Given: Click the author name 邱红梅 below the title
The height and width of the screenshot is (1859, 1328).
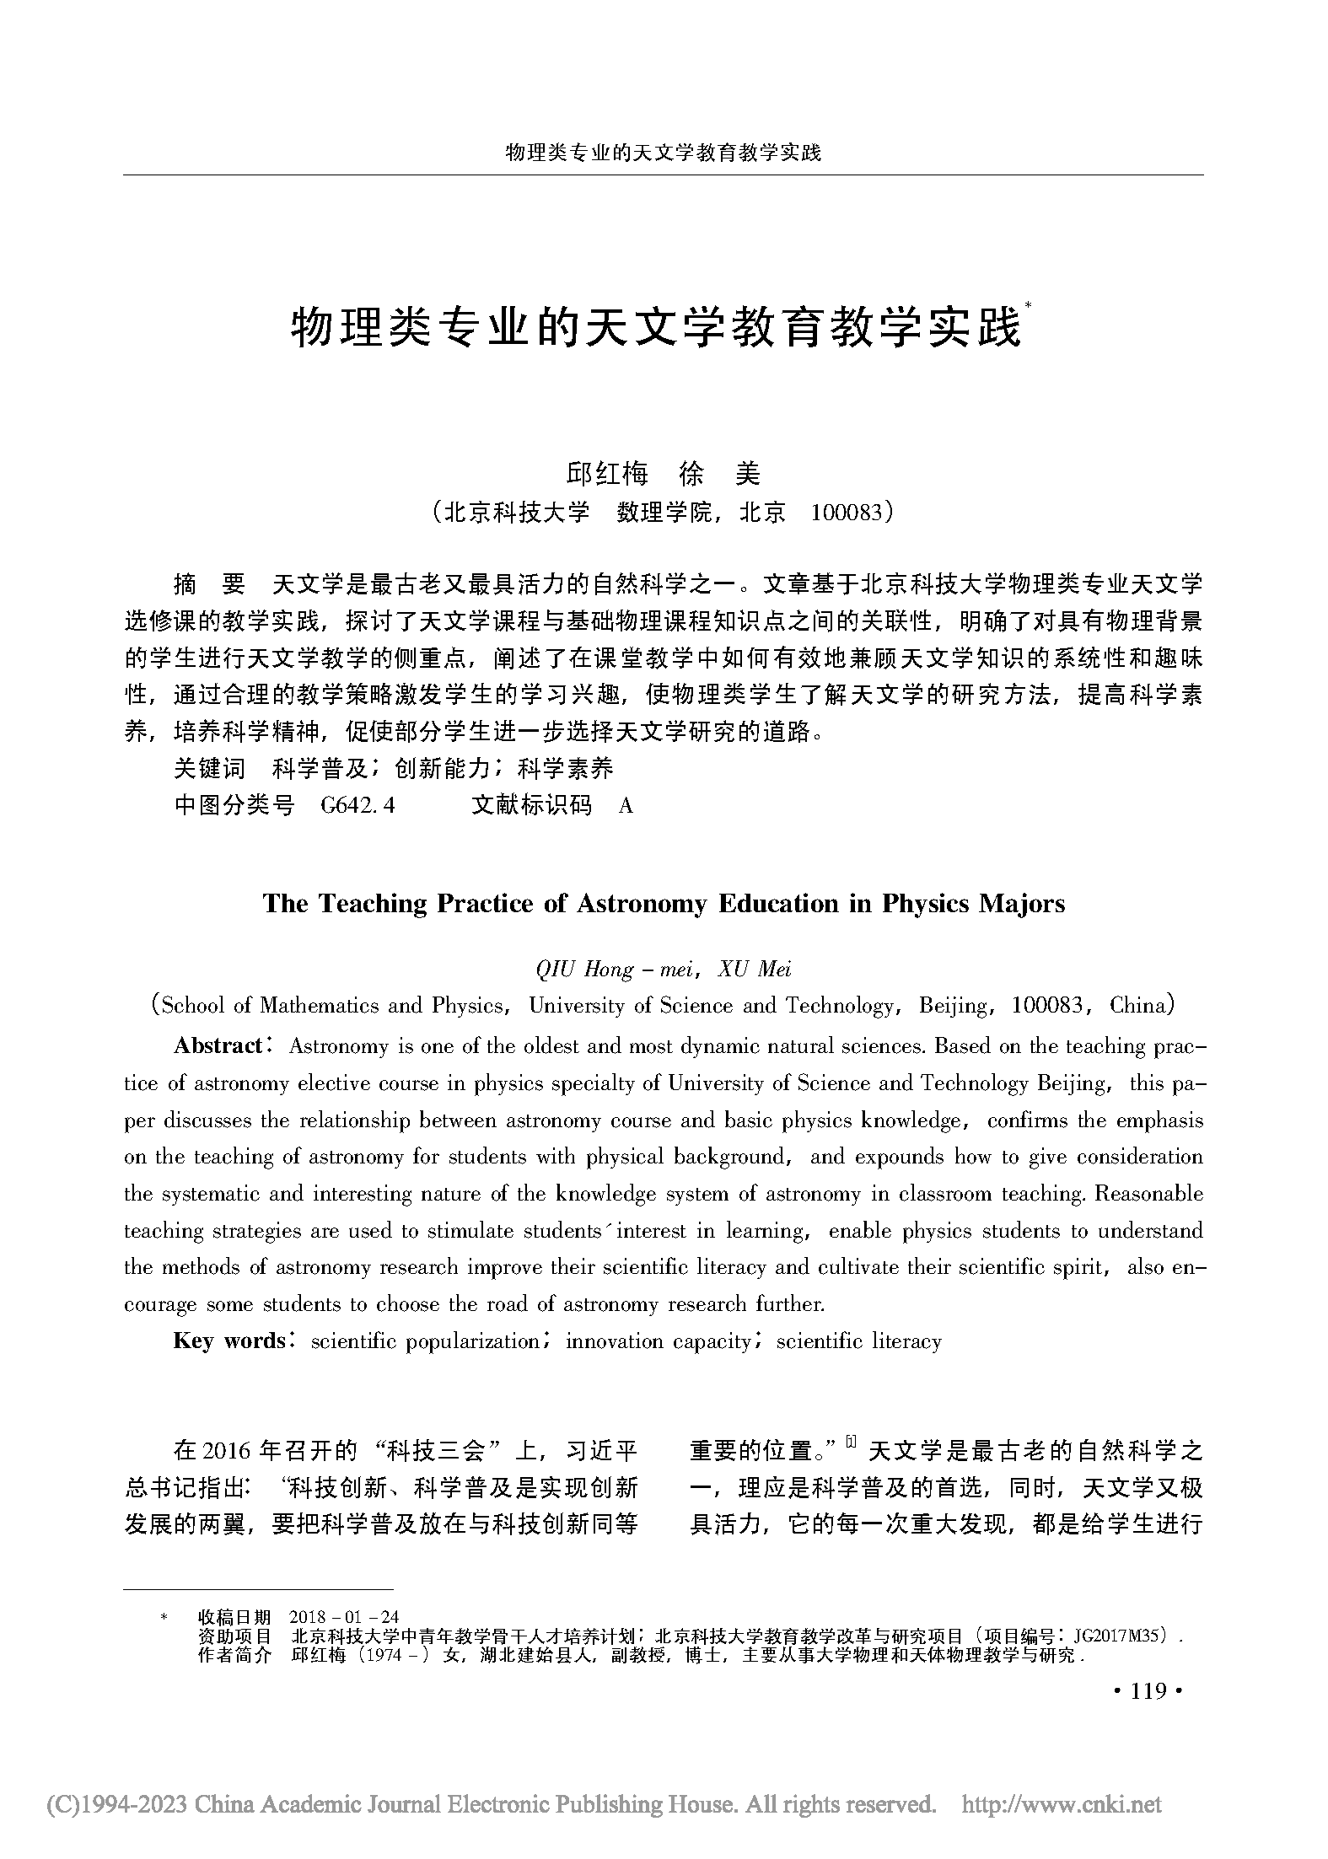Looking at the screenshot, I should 607,474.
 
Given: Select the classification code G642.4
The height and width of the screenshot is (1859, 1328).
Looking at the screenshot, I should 358,806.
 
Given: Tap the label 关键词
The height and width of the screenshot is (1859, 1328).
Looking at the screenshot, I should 210,768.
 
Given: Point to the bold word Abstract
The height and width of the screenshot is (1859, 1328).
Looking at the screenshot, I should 218,1046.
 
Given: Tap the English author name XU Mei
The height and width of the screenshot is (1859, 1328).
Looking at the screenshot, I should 754,969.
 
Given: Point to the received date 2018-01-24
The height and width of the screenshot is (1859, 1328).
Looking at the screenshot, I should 343,1616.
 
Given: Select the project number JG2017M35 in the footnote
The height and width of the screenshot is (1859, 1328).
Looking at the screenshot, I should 1121,1636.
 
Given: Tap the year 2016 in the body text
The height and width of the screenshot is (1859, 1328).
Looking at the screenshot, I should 228,1451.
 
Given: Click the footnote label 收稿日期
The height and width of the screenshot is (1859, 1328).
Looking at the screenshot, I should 234,1616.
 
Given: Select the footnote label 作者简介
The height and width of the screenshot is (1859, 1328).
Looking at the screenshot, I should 234,1655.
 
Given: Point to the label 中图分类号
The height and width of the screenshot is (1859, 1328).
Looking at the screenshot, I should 234,806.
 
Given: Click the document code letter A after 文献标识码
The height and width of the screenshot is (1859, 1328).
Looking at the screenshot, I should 626,806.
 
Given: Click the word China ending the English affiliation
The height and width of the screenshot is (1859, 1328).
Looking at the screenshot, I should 1137,1006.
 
